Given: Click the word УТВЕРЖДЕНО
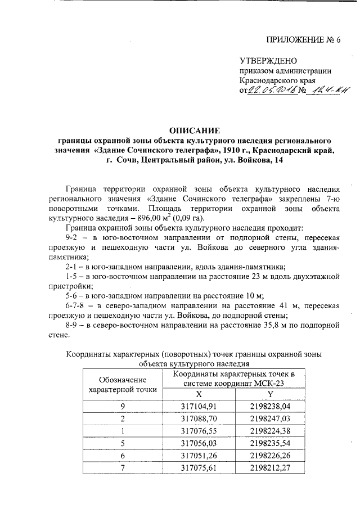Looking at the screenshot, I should [x=268, y=61].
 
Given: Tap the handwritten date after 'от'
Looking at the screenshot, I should [x=272, y=91].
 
